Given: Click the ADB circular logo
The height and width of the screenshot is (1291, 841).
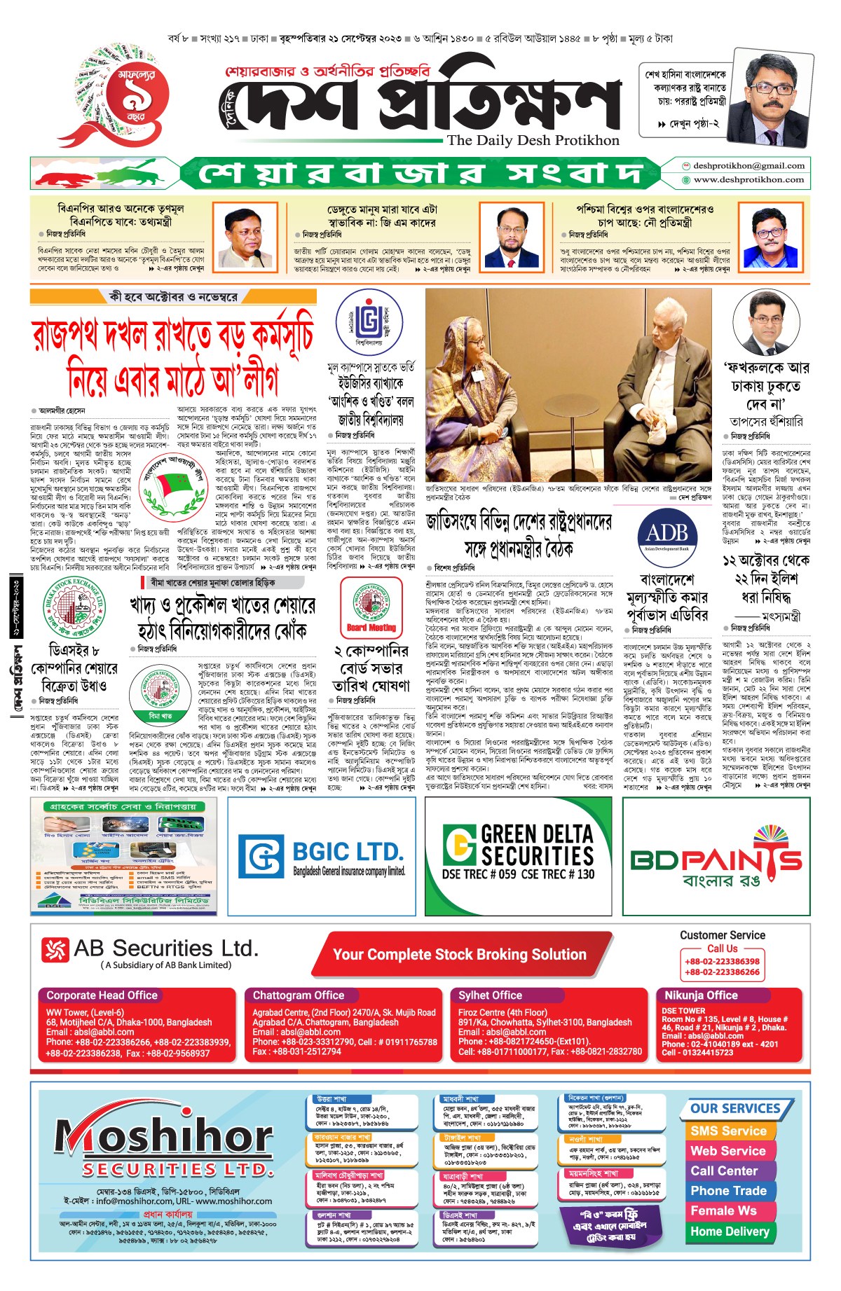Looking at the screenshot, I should (666, 534).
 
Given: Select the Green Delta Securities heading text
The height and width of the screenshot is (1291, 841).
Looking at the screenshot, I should (537, 845).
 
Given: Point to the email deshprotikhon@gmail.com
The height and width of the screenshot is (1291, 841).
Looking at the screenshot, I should (748, 166).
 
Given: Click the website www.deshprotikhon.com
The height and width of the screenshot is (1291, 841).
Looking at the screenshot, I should (748, 179).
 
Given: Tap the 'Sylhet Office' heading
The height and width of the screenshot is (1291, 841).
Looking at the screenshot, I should (490, 995).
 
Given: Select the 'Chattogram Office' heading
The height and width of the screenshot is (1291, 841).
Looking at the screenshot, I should (299, 995).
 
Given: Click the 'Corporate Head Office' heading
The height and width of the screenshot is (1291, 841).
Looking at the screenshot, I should (102, 995).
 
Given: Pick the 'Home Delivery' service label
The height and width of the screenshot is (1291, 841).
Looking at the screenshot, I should (730, 1231).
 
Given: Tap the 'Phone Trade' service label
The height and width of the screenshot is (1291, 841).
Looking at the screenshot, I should (728, 1191).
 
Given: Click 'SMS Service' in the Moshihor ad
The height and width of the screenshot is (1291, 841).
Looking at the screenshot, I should (728, 1131).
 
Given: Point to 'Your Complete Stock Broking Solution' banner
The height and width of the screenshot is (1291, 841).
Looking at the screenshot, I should (459, 954).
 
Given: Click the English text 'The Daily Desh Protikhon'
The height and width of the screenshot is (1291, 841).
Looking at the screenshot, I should (533, 140).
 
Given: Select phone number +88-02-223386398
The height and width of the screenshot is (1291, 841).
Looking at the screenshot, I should (722, 962).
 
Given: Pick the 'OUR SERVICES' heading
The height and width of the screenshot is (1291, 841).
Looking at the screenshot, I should (735, 1108).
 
